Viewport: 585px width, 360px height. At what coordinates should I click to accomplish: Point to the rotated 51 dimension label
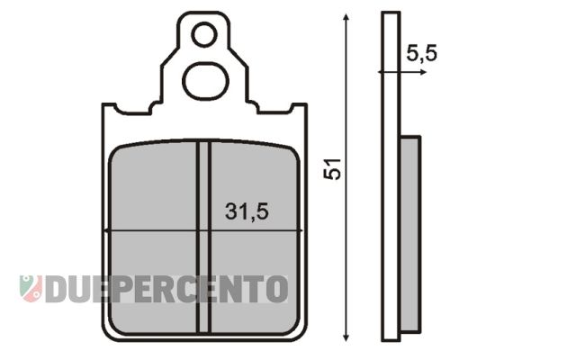[x=334, y=170]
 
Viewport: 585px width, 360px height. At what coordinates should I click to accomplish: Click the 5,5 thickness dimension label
[x=421, y=53]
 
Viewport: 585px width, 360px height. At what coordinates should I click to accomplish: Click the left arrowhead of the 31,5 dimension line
[x=109, y=232]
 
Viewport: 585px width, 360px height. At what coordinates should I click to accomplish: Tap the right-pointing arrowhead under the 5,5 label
[x=422, y=71]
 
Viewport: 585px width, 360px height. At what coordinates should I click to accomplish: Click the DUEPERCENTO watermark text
[x=166, y=289]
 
